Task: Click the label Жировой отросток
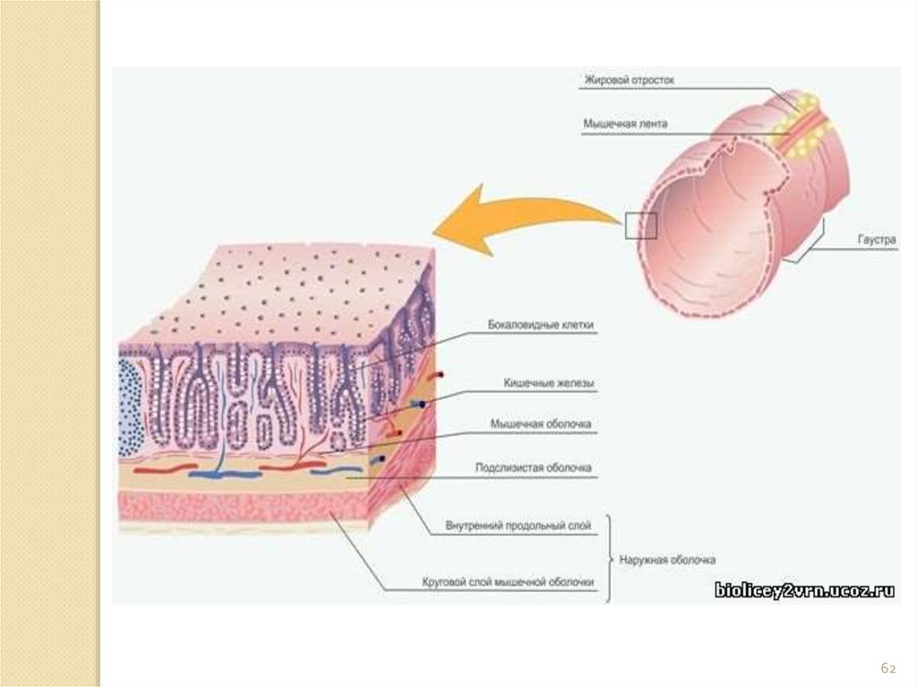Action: tap(629, 81)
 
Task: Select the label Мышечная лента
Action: tap(625, 124)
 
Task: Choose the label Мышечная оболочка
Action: tap(541, 424)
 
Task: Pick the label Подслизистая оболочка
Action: tap(532, 468)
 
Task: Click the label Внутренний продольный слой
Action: tap(518, 527)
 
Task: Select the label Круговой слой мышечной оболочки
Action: tap(508, 583)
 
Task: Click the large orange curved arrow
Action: tap(519, 219)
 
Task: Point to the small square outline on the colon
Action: tap(641, 226)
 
